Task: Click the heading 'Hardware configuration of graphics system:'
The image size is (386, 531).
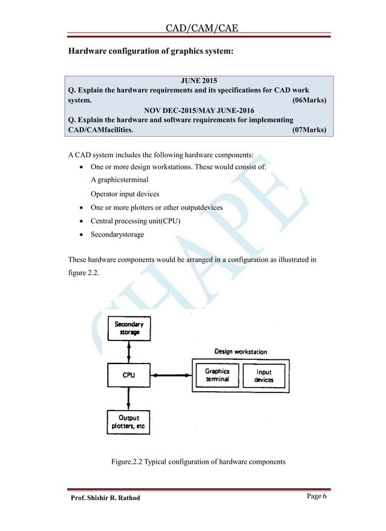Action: tap(150, 53)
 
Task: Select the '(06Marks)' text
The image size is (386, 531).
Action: tap(309, 100)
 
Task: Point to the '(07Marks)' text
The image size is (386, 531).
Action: tap(309, 130)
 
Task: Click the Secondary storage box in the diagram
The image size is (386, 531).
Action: tap(129, 328)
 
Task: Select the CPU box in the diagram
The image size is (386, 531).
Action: tap(129, 375)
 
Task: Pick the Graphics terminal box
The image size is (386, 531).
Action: tap(217, 375)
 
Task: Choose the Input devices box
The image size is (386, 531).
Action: tap(264, 375)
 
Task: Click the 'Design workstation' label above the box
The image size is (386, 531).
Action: tap(241, 351)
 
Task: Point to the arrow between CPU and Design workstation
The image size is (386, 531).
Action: tap(171, 376)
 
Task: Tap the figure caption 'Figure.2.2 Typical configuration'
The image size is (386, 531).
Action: tap(198, 463)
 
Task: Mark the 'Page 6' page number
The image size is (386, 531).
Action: tap(316, 497)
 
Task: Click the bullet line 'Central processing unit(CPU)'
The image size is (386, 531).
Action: tap(136, 221)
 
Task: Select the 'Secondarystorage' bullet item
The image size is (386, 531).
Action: tap(117, 234)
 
